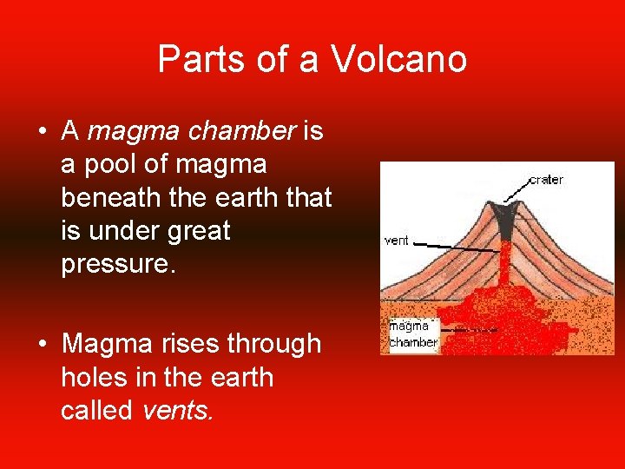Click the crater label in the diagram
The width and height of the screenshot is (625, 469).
click(x=545, y=180)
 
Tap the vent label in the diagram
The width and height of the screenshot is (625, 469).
click(x=396, y=241)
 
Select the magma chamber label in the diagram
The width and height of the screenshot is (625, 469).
click(x=412, y=334)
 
